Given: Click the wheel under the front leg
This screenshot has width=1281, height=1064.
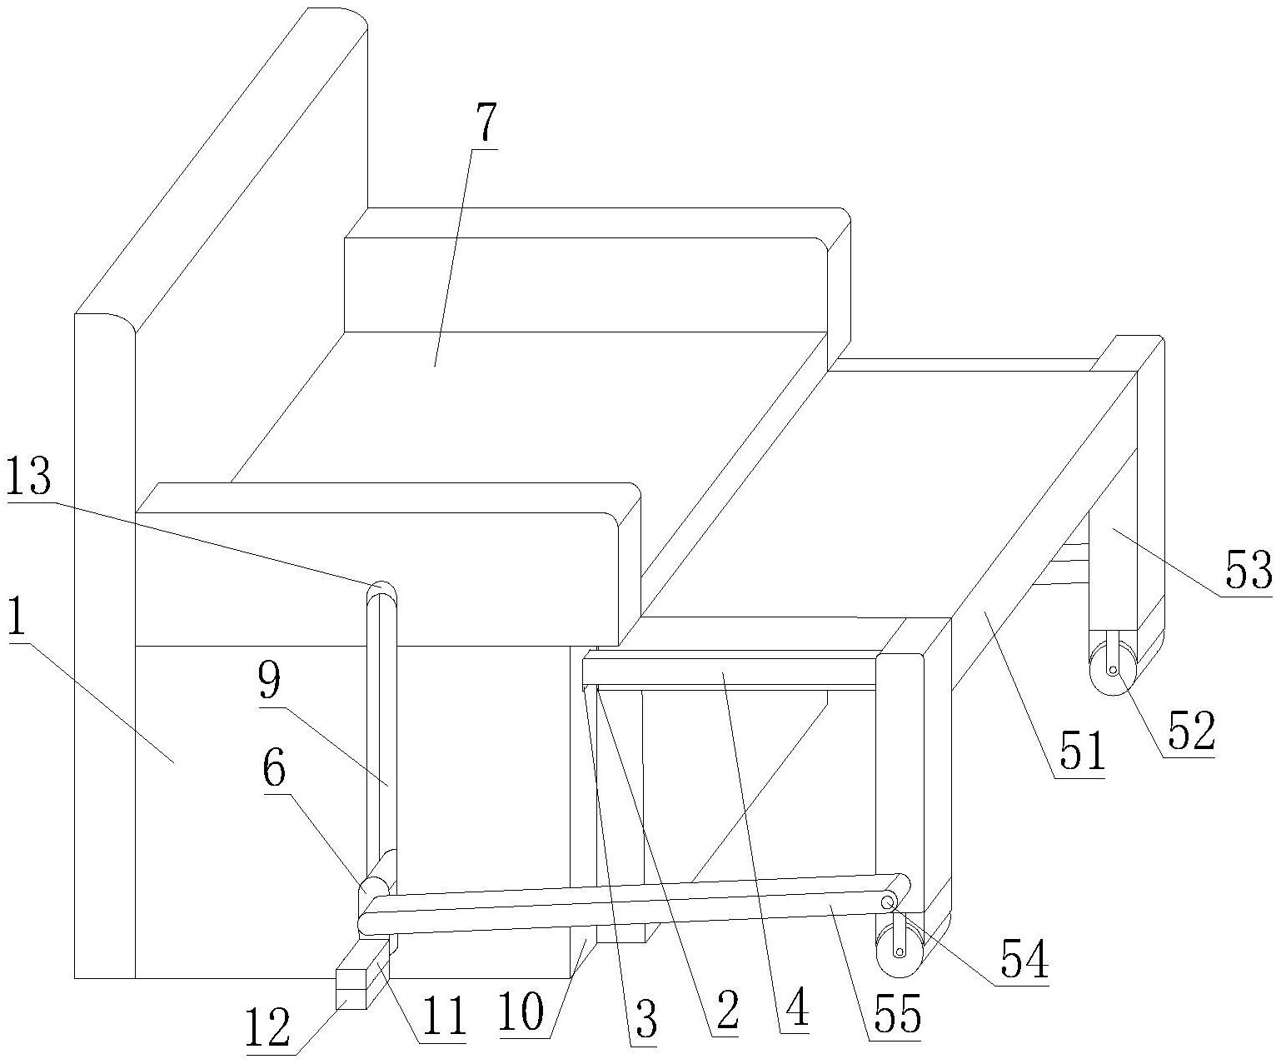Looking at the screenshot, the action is pos(899,952).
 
